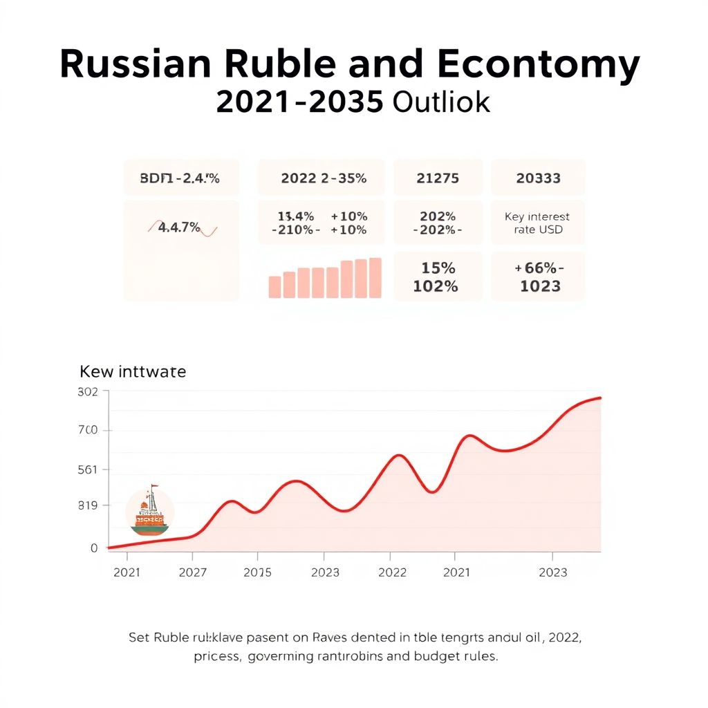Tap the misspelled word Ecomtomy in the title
(538, 65)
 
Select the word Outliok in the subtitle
(441, 102)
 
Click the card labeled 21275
(438, 178)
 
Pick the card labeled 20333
(538, 178)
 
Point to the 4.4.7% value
(179, 227)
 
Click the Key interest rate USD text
(537, 223)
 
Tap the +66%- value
(539, 268)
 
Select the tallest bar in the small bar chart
(375, 278)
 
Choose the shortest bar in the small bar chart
(274, 287)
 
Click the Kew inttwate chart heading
(133, 371)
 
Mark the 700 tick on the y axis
(90, 431)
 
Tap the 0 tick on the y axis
(94, 548)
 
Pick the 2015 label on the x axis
(257, 572)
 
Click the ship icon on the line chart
(150, 512)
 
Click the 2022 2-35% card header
(324, 178)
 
